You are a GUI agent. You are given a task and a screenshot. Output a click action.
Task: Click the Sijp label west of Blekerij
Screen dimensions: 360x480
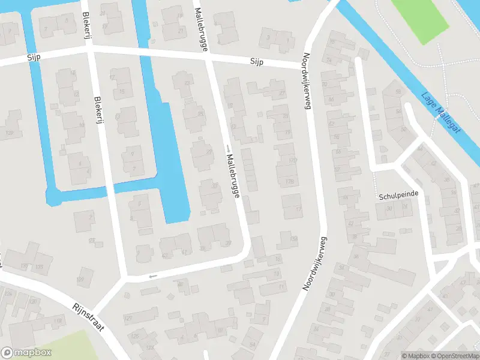(33, 58)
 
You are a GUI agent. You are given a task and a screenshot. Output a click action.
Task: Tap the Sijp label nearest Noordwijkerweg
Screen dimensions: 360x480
(257, 62)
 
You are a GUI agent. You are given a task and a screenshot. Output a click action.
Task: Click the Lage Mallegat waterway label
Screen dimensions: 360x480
(440, 113)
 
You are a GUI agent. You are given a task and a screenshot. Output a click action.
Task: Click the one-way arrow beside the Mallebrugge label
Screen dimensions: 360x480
(228, 148)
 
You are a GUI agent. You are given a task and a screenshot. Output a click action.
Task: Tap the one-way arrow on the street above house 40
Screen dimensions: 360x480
(152, 276)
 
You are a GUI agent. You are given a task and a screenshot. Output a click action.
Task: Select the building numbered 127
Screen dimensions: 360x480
(127, 318)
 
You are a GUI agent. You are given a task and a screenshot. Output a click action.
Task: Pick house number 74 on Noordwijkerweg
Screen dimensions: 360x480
(328, 61)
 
